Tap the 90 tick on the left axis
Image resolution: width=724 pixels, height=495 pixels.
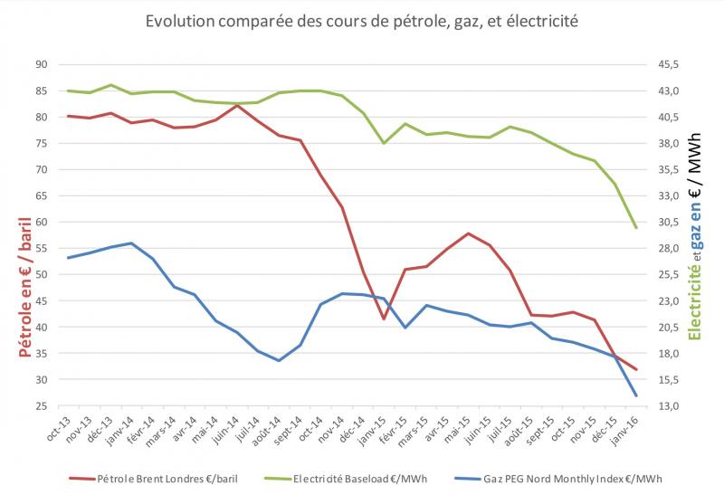click(x=42, y=64)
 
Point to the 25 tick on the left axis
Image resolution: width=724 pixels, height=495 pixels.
click(x=42, y=406)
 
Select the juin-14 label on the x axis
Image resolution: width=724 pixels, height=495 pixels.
click(x=230, y=429)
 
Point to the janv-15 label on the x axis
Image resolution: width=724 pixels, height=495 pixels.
click(x=376, y=429)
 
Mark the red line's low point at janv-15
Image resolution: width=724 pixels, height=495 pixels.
click(x=384, y=319)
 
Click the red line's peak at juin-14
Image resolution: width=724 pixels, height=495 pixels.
click(x=237, y=105)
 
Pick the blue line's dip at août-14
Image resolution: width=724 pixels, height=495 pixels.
click(x=279, y=360)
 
